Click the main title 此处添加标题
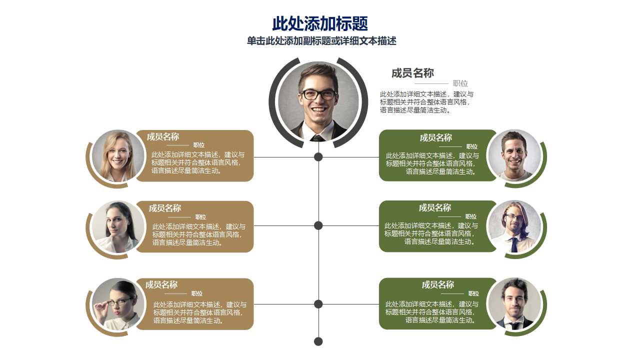pos(320,23)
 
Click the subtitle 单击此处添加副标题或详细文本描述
pos(321,41)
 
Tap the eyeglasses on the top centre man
pos(318,94)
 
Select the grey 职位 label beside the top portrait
pos(460,83)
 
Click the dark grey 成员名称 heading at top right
pos(412,73)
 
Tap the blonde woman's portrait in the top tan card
pos(118,156)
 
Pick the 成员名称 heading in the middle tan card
pos(165,208)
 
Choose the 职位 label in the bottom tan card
pos(197,293)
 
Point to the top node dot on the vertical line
pos(318,157)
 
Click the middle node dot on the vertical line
pos(318,225)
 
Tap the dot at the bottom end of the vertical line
pos(318,341)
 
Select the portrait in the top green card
pos(514,155)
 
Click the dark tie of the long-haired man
pos(514,245)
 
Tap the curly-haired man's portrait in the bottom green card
pos(514,303)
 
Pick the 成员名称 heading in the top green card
pos(435,137)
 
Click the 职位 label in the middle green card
pos(471,216)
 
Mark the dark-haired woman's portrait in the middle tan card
pos(118,227)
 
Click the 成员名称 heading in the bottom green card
pos(438,284)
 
